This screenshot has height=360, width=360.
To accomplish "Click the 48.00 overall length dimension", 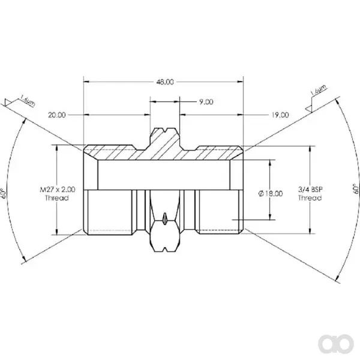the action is (x=165, y=82).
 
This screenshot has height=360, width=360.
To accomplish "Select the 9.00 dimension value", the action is (x=206, y=102).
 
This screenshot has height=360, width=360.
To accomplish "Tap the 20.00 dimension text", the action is (x=57, y=115).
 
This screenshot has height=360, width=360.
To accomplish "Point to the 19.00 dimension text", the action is (x=280, y=115).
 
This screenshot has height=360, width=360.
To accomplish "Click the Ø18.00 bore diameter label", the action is (x=271, y=194).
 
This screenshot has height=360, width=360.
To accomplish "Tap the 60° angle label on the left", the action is (x=3, y=193).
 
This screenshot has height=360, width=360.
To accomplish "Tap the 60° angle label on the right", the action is (x=356, y=189).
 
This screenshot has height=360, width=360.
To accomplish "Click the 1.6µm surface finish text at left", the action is (x=28, y=101).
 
